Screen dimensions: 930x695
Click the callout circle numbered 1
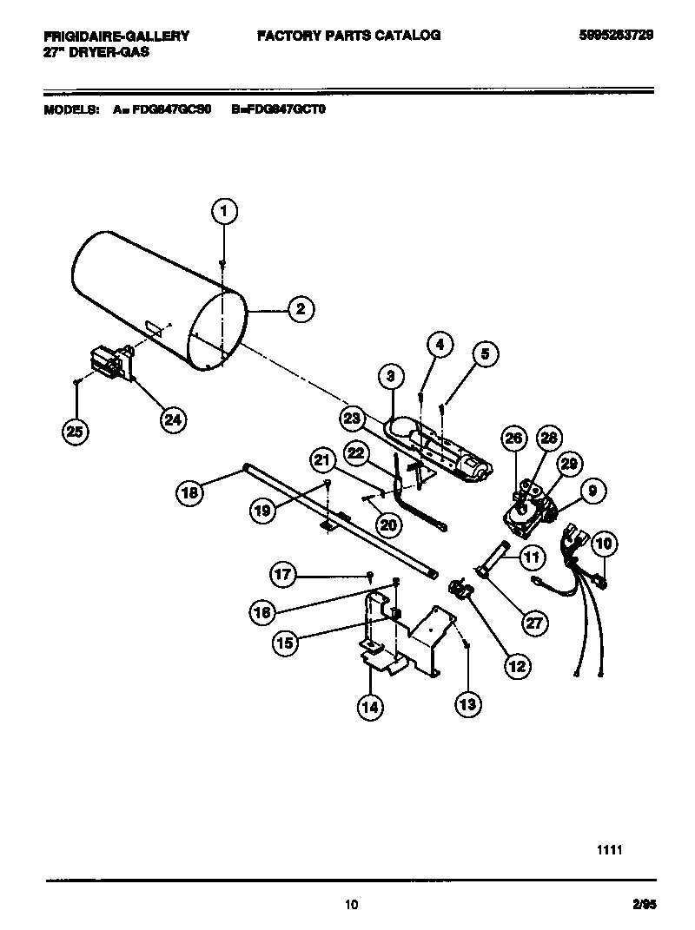(224, 211)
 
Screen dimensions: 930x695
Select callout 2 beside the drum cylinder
(300, 308)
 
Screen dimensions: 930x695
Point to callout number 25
(76, 431)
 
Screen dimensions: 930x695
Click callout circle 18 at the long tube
(189, 493)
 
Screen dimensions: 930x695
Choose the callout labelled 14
(370, 707)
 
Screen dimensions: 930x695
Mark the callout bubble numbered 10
(605, 544)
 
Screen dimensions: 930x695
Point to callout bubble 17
(283, 574)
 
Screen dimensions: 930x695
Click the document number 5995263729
(616, 36)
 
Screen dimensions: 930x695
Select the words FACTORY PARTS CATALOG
(348, 36)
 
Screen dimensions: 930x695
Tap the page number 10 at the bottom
(350, 905)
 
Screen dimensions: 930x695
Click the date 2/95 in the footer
(644, 905)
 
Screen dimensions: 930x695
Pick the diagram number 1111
(610, 851)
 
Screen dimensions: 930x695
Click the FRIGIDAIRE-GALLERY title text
(116, 36)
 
